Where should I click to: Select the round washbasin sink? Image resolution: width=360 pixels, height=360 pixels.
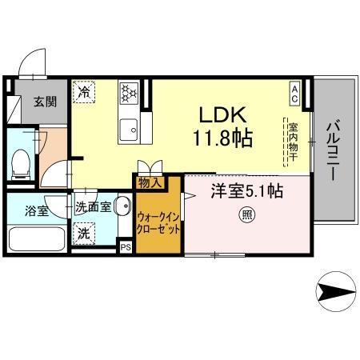(x=122, y=207)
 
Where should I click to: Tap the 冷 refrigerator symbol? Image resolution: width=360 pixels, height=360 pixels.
(x=85, y=93)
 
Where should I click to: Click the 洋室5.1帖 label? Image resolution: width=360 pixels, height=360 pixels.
(x=246, y=191)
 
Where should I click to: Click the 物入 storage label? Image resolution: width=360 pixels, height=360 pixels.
(x=150, y=183)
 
